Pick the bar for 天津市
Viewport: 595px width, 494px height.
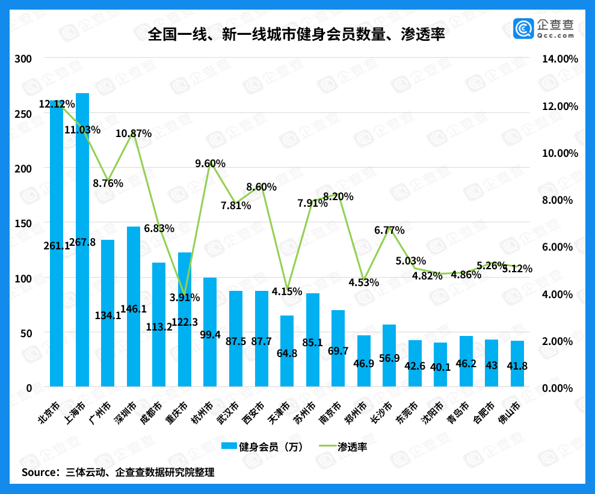[287, 355]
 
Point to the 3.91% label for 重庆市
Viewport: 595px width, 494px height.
[185, 297]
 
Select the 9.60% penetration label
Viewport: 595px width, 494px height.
[210, 163]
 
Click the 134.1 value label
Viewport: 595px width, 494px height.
[108, 315]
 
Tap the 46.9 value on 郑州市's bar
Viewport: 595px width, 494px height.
[364, 364]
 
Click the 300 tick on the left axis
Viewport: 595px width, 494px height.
[23, 59]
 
